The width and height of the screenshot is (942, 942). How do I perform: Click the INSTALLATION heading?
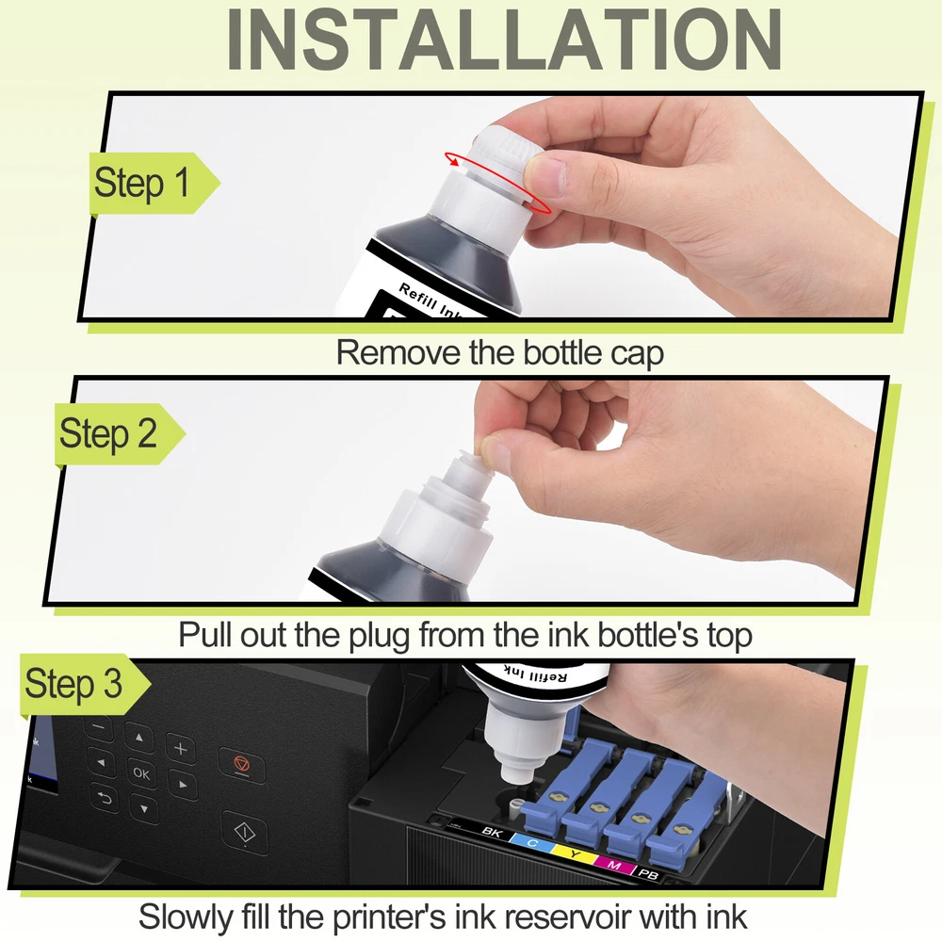point(504,40)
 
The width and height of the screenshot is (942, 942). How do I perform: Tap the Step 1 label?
point(142,183)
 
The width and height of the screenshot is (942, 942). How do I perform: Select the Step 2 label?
point(108,433)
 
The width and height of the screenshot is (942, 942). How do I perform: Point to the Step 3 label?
point(73,684)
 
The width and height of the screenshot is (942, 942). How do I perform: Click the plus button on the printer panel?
point(180,749)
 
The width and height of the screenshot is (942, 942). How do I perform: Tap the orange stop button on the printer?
point(241,765)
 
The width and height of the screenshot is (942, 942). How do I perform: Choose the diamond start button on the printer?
point(245,833)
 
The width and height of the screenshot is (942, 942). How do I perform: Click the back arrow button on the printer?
point(105,798)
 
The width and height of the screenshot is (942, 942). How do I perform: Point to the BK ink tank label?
point(492,832)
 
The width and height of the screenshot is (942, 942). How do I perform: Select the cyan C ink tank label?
point(531,842)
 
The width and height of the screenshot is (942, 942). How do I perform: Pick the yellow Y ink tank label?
point(575,853)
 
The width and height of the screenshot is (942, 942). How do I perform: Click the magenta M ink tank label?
point(614,865)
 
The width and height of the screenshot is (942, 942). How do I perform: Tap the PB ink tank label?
point(648,875)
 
